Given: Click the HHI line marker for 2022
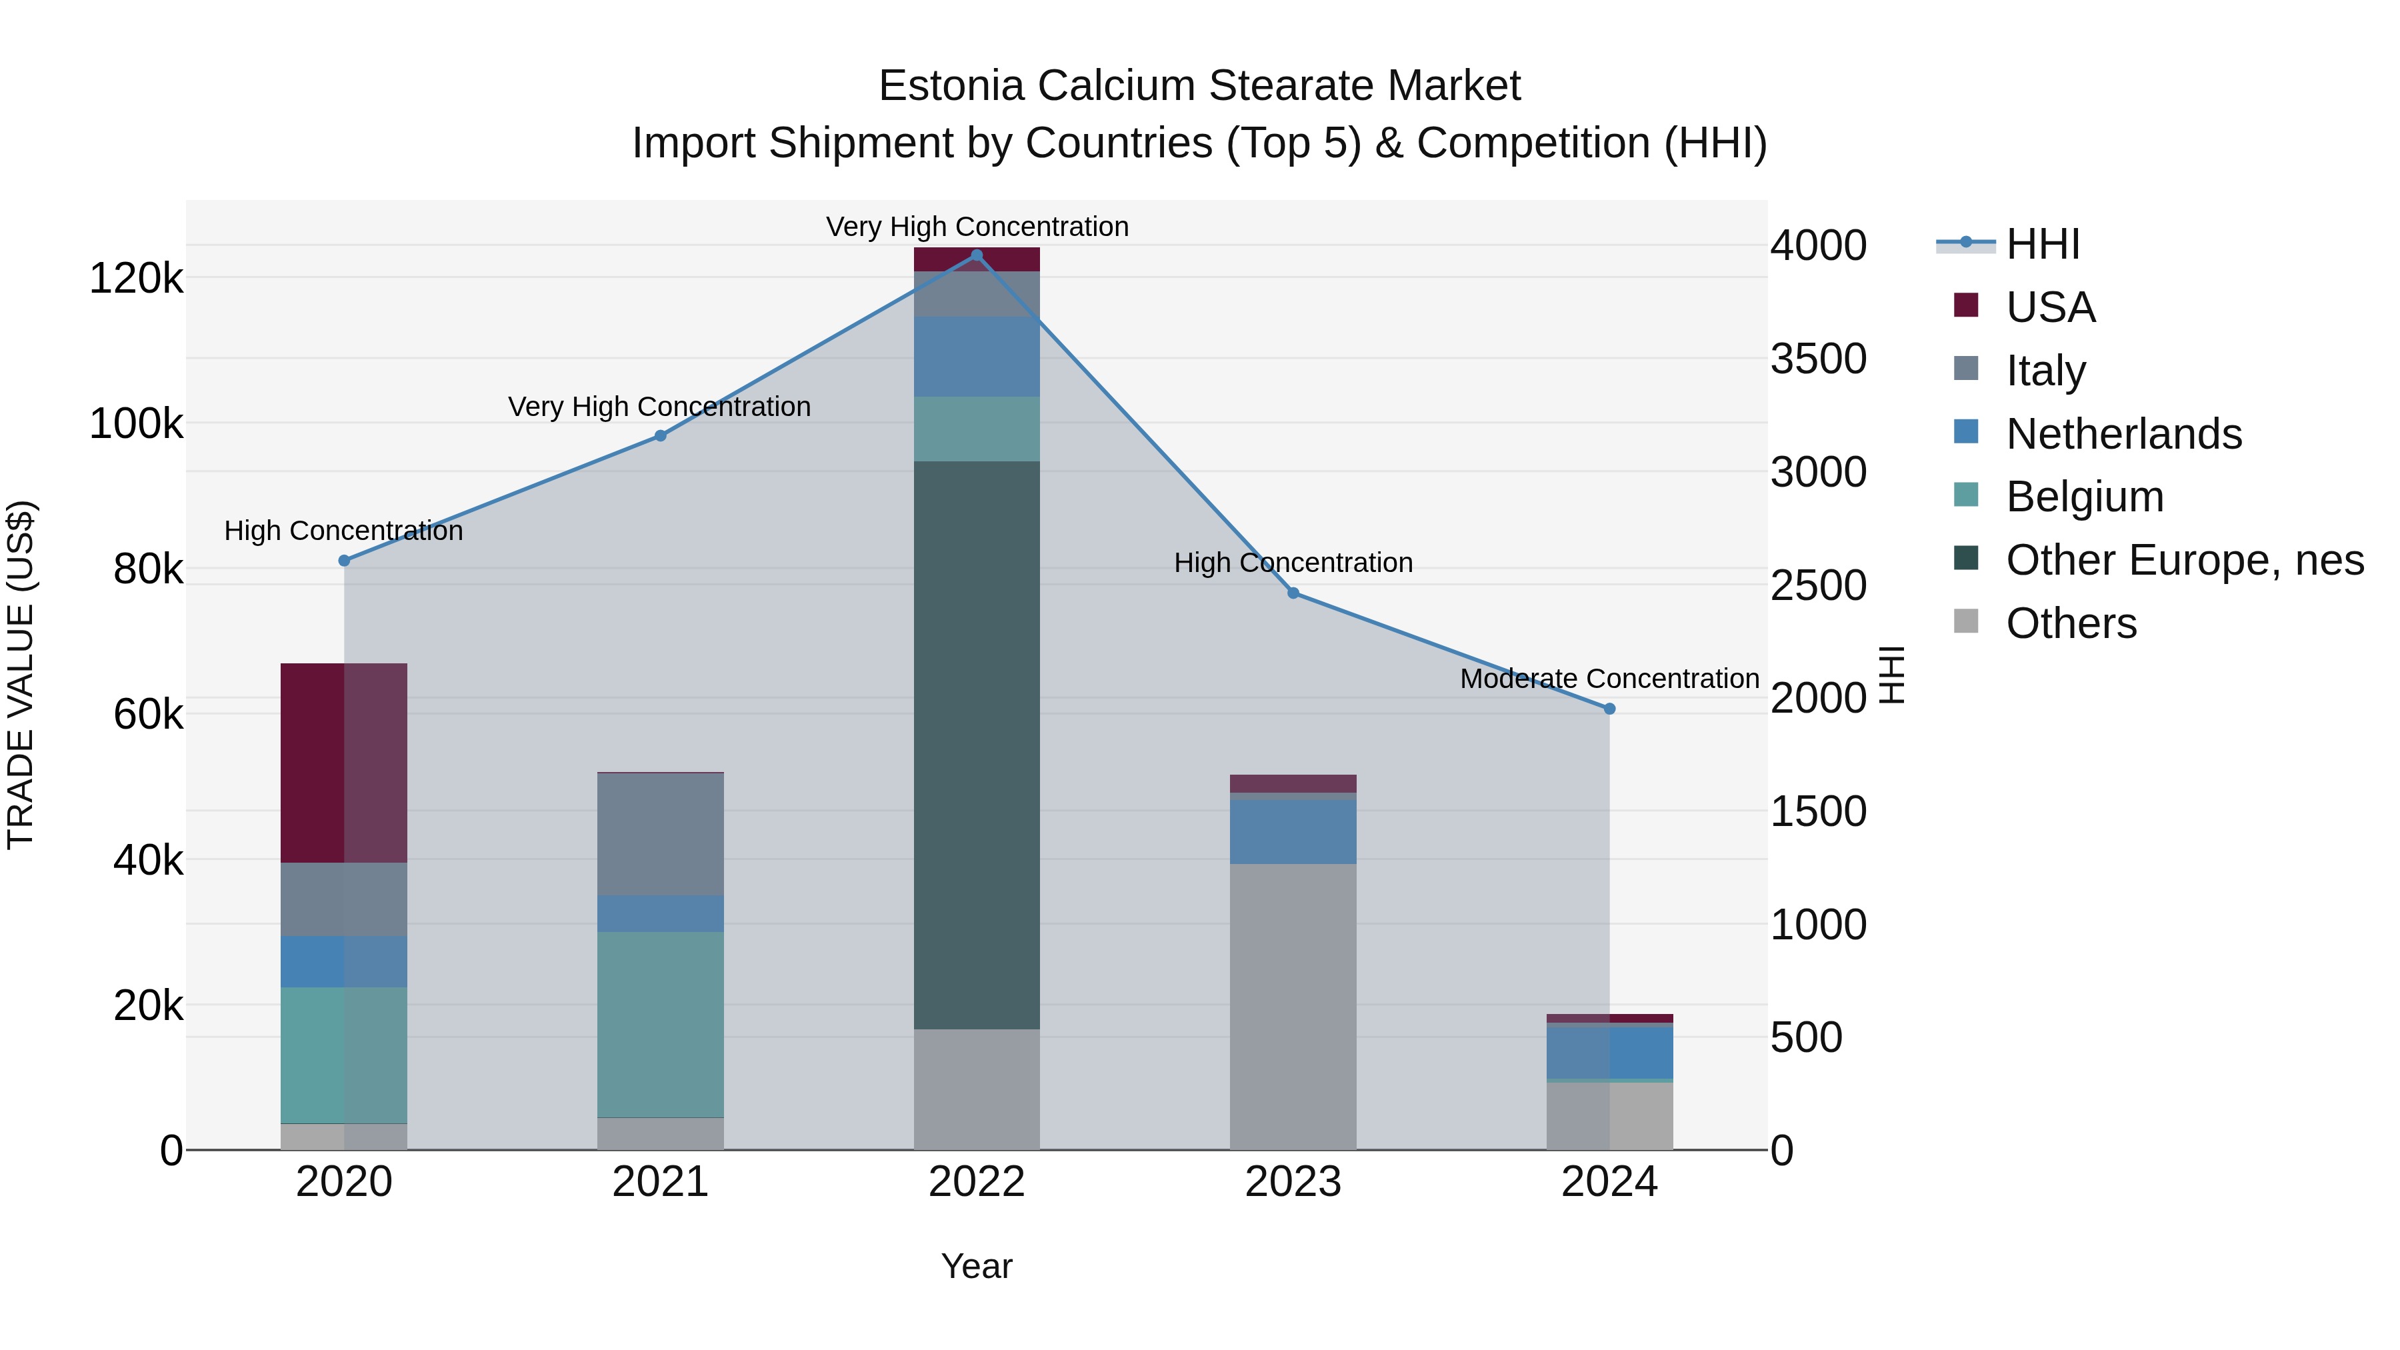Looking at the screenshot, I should point(977,255).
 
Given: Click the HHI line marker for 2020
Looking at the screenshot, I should point(344,561).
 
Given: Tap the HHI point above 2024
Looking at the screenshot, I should point(1609,709).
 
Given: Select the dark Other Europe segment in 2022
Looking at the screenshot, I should point(977,745).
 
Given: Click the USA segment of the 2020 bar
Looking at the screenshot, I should point(344,763).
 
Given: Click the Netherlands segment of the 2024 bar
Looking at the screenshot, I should point(1609,1053).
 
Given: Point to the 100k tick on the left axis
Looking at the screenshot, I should point(136,424).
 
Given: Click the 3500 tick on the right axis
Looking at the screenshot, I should point(1818,359).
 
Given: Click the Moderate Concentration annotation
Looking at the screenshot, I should point(1609,679).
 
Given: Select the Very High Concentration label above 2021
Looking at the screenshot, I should point(659,407).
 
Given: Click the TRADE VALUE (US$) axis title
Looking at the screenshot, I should point(21,675).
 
